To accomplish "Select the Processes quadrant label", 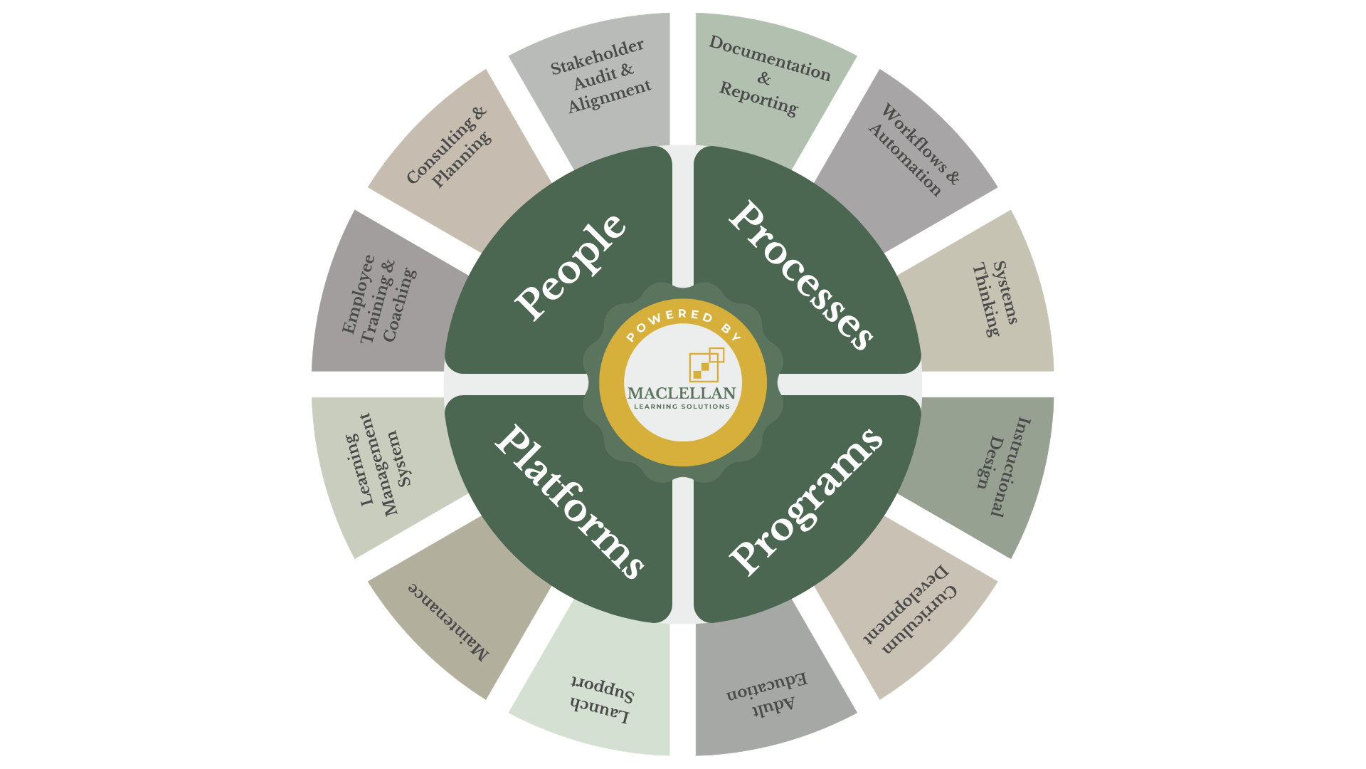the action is [x=801, y=275].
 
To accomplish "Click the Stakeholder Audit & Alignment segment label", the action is [x=601, y=75].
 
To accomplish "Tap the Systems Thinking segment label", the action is [x=995, y=298].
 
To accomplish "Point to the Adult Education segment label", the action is [x=767, y=694].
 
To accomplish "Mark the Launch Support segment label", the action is [x=602, y=699].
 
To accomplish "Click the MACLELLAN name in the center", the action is [x=682, y=393].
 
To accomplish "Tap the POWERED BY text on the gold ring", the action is [x=683, y=323].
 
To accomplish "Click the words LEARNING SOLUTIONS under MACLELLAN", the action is [x=682, y=407].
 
